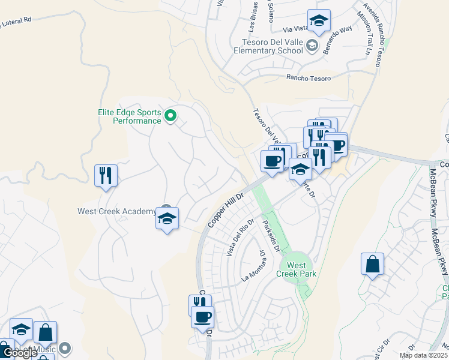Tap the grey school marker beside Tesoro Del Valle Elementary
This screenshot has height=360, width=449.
(x=312, y=45)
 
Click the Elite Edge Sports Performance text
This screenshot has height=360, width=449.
(x=129, y=116)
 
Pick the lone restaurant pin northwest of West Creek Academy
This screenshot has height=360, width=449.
(x=106, y=176)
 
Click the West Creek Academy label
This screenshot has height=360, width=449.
(x=116, y=211)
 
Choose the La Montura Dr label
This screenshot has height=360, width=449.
(x=253, y=266)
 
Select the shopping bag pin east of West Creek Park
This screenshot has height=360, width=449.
(x=372, y=264)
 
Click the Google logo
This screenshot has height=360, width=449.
(x=19, y=353)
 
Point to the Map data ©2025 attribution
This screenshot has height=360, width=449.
(x=423, y=355)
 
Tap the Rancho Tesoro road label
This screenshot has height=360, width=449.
(x=309, y=78)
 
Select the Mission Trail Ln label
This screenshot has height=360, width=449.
(x=364, y=33)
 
